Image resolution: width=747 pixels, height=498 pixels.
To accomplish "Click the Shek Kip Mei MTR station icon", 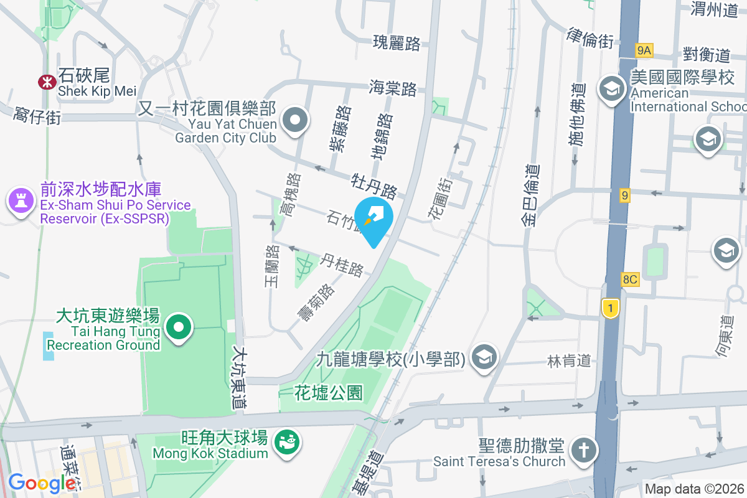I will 46,82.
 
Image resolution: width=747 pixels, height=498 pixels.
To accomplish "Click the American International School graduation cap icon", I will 612,90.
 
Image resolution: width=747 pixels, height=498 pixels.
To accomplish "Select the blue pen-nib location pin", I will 374,220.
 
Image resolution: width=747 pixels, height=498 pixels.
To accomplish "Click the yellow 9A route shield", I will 644,50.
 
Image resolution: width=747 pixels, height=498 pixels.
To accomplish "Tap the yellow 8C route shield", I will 629,279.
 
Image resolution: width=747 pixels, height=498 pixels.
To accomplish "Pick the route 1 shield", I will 611,308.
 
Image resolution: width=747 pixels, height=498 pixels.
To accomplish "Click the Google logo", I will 41,483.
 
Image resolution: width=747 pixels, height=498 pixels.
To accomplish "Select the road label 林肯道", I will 568,360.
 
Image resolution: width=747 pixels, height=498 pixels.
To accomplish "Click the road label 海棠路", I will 392,88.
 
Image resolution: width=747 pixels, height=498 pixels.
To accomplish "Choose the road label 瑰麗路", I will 397,43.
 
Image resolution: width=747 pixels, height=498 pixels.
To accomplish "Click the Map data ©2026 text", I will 694,489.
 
